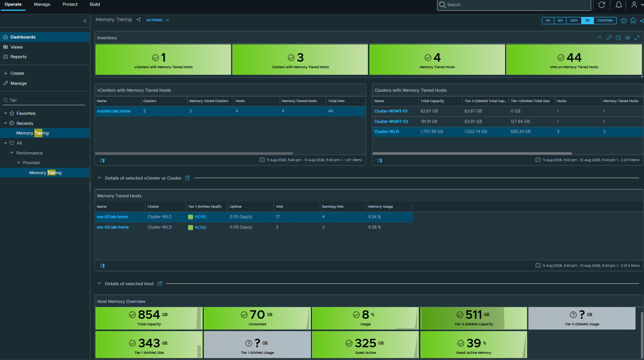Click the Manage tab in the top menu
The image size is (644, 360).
point(42,4)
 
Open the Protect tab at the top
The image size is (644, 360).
point(70,4)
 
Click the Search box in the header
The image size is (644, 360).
point(514,5)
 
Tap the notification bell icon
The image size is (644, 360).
point(619,5)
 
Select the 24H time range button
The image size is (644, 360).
point(573,20)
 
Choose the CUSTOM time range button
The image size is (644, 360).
point(605,20)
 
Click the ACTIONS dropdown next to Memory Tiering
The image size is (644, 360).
point(158,20)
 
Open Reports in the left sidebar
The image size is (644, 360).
point(18,57)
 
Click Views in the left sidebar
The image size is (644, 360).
point(17,47)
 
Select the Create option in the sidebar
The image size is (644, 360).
point(17,73)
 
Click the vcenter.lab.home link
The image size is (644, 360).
point(114,111)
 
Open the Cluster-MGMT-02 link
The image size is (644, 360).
point(391,121)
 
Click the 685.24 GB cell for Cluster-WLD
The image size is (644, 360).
point(520,131)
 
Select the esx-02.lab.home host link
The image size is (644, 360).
point(113,227)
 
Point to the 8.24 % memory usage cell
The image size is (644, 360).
point(374,217)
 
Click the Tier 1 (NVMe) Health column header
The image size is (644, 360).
point(205,207)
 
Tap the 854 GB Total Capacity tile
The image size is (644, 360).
point(149,318)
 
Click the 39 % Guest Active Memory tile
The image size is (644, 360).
point(474,345)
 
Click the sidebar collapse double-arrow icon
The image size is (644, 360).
point(85,21)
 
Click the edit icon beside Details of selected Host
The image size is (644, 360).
point(160,283)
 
